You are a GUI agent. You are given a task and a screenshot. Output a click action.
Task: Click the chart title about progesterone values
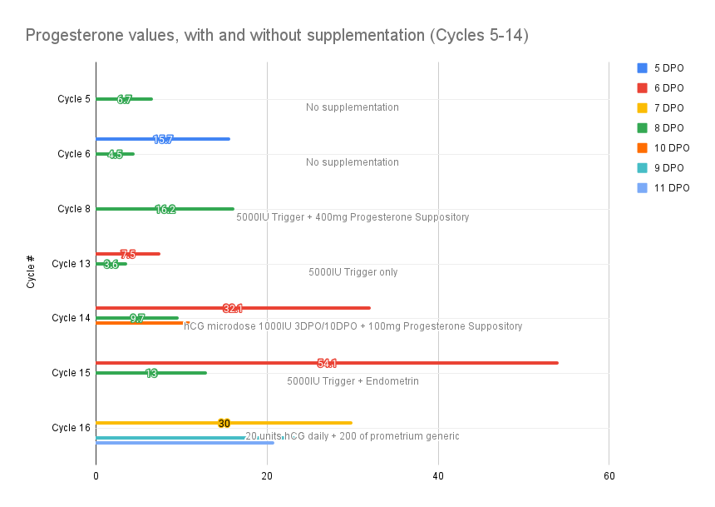[x=277, y=36]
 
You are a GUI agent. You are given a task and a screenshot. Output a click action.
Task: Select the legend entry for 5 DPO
[x=663, y=67]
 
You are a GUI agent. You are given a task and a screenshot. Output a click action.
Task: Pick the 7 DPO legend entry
[x=663, y=107]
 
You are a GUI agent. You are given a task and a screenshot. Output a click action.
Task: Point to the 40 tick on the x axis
[x=437, y=475]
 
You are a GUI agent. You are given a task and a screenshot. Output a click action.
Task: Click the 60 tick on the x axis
[x=609, y=475]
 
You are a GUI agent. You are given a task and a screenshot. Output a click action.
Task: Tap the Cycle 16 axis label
[x=71, y=428]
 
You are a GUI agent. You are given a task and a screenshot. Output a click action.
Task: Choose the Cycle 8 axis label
[x=74, y=209]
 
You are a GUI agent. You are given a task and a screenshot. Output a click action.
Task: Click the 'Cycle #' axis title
[x=31, y=271]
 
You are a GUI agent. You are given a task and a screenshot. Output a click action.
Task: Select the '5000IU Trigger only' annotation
[x=353, y=272]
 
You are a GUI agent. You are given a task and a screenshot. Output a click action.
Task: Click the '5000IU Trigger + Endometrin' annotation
[x=353, y=381]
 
